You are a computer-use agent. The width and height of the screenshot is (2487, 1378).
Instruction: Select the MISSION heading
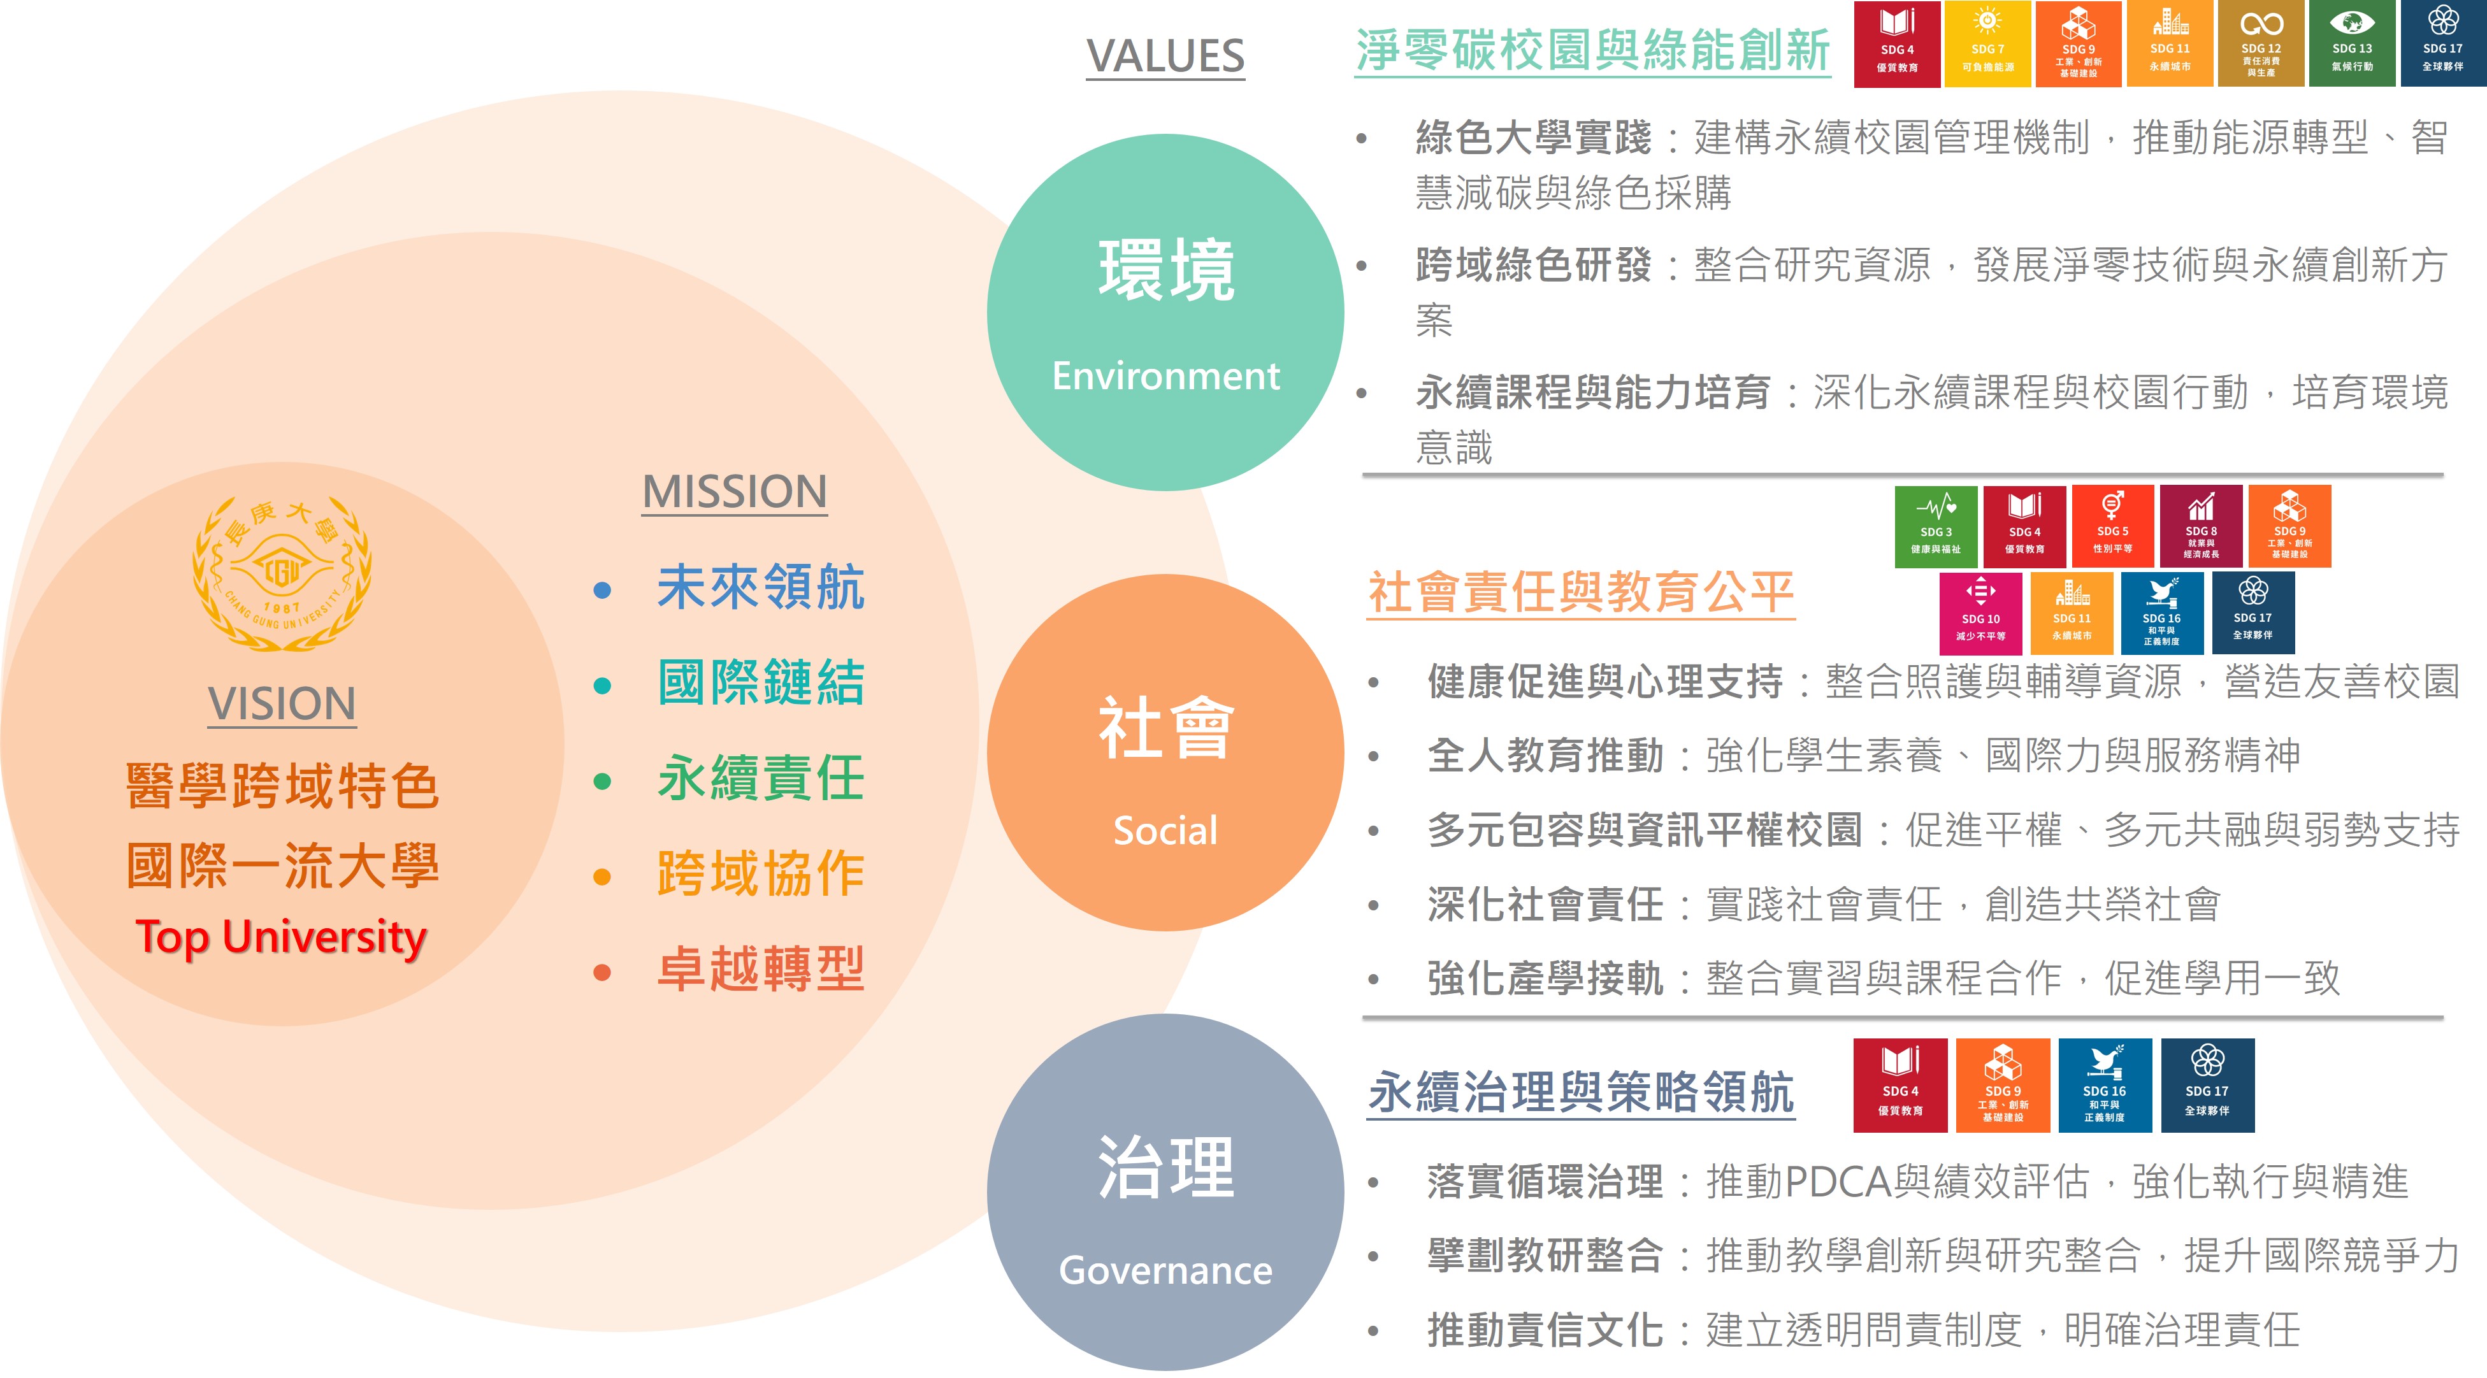pyautogui.click(x=735, y=492)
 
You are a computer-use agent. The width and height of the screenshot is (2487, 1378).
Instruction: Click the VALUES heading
pyautogui.click(x=1165, y=56)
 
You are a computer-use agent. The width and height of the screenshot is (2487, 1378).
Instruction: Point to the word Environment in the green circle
pyautogui.click(x=1165, y=375)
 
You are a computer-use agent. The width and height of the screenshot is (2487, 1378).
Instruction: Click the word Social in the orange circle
pyautogui.click(x=1165, y=831)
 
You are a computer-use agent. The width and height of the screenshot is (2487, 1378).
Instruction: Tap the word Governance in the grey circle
pyautogui.click(x=1165, y=1270)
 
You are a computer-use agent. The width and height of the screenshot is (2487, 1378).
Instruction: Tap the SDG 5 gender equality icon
pyautogui.click(x=2112, y=526)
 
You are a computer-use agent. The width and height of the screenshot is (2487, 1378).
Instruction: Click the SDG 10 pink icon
pyautogui.click(x=1981, y=613)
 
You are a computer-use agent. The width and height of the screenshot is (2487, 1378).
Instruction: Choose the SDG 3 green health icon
pyautogui.click(x=1936, y=526)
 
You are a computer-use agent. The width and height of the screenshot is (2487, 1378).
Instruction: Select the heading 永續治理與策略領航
pyautogui.click(x=1580, y=1093)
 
